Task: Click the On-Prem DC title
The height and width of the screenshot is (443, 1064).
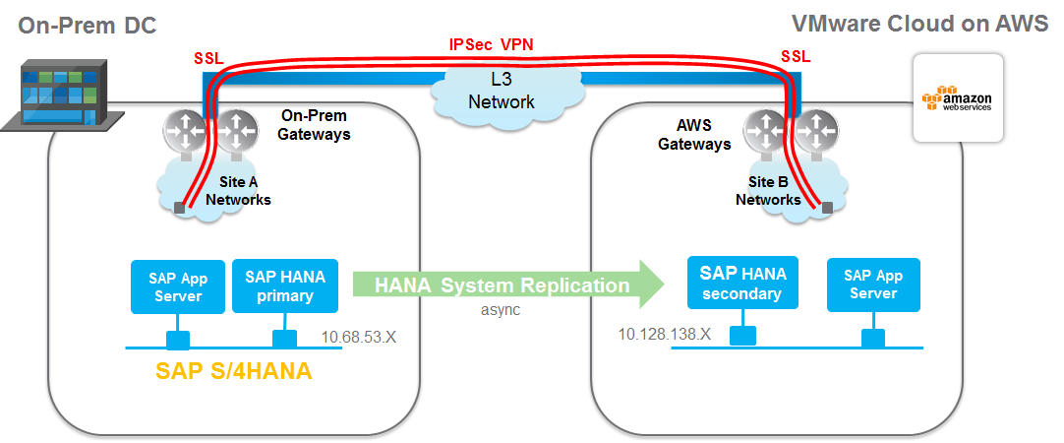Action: click(87, 25)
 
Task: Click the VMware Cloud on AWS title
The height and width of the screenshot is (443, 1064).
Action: click(919, 25)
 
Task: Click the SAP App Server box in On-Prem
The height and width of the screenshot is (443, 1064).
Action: click(177, 285)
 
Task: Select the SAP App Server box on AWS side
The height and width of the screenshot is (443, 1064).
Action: click(873, 285)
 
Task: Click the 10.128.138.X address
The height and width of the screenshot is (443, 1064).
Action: click(664, 334)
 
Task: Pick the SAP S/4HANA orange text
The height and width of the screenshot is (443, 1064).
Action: click(237, 370)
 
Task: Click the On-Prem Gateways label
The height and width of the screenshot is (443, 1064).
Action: click(316, 124)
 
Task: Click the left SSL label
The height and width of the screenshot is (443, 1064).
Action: click(208, 59)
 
